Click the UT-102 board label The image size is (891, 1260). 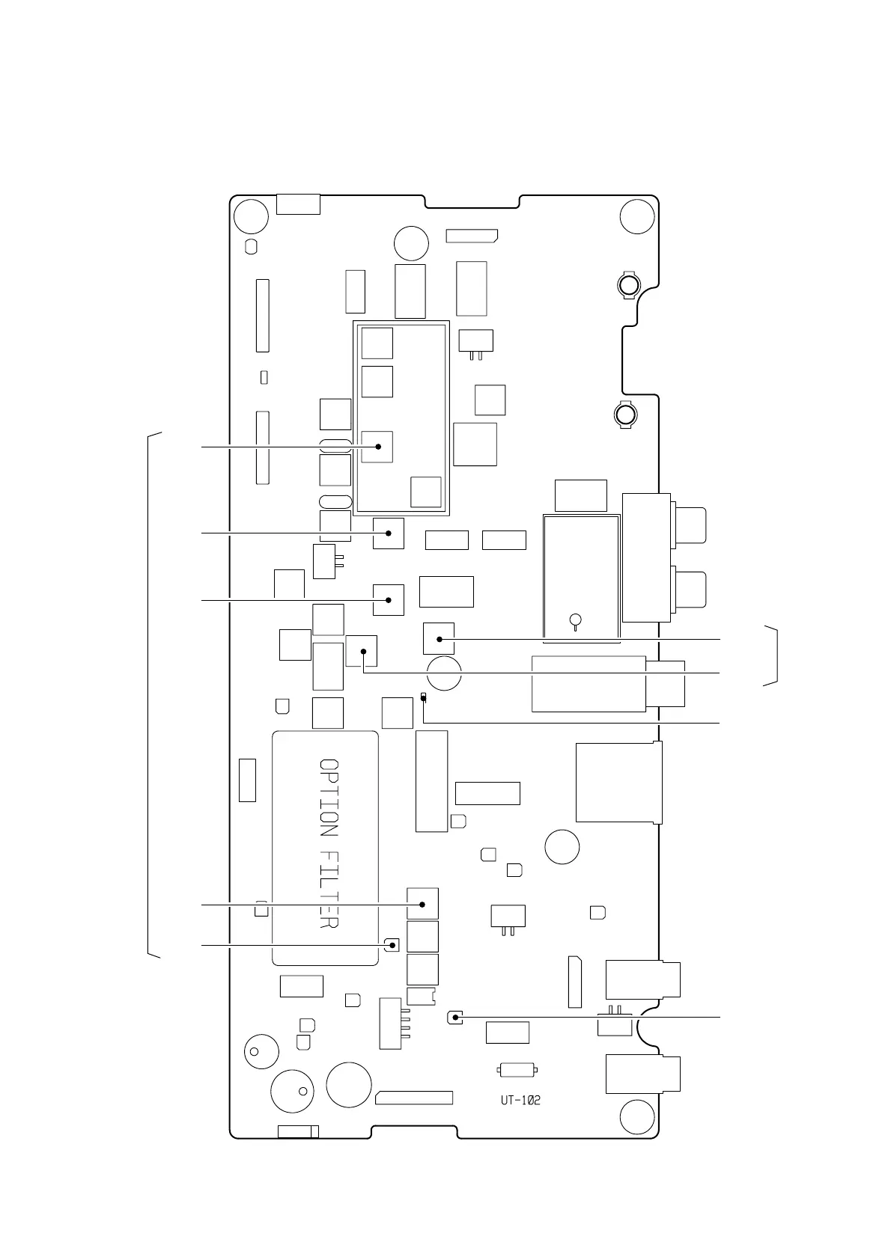[x=520, y=1101]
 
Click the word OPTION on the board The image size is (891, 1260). [x=329, y=799]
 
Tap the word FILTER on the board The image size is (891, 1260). [x=329, y=890]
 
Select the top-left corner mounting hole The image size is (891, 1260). [x=251, y=217]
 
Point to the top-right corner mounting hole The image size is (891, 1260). [x=638, y=217]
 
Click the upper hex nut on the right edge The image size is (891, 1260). [x=628, y=285]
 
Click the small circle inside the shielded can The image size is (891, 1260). [x=575, y=620]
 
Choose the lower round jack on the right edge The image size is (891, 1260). [x=690, y=589]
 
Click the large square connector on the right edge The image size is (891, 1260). [x=618, y=783]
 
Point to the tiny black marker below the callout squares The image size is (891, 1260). [x=424, y=697]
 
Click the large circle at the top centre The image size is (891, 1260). [x=411, y=243]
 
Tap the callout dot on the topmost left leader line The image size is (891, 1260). [x=378, y=447]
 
